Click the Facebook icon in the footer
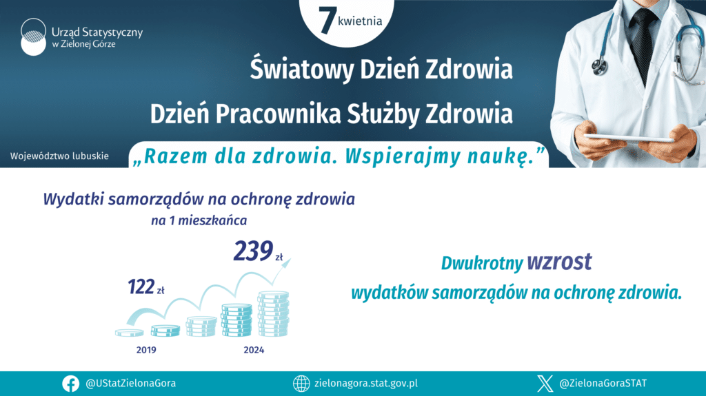click(71, 384)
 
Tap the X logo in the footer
click(545, 384)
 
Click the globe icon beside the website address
click(301, 384)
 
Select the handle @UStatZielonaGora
click(130, 384)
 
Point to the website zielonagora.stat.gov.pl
click(366, 384)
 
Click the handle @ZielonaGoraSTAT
click(603, 384)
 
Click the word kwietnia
click(360, 21)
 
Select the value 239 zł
click(258, 251)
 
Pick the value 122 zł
click(146, 287)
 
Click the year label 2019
click(146, 350)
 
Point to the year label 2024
click(254, 350)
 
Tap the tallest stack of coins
click(273, 314)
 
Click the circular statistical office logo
click(33, 37)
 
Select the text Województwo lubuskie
click(59, 156)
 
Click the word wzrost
click(559, 262)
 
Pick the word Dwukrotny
click(482, 264)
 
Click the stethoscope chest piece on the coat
click(600, 67)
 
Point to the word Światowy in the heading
click(302, 69)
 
